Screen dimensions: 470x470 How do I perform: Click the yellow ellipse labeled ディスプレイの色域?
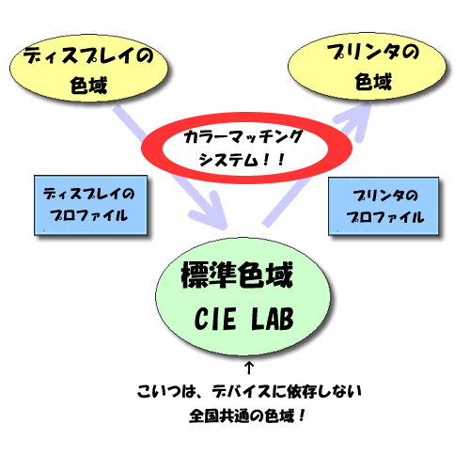(x=88, y=69)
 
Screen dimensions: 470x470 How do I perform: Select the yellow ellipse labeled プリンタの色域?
(x=367, y=67)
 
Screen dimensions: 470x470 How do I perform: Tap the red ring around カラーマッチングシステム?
(x=246, y=120)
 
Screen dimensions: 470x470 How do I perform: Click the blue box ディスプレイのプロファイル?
(x=90, y=205)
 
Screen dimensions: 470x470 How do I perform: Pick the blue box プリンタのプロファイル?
(x=384, y=206)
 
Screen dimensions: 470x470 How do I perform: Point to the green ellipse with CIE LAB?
(x=243, y=296)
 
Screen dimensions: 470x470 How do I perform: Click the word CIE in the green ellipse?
(x=215, y=319)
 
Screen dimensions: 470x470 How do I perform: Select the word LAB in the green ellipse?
(x=273, y=319)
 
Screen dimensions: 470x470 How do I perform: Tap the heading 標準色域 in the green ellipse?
(x=237, y=274)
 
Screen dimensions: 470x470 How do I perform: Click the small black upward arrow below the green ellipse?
(x=249, y=368)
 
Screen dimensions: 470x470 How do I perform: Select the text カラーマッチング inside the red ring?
(x=243, y=137)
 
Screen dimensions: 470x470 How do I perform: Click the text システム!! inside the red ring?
(x=242, y=160)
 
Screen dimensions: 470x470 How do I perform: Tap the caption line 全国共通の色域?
(x=247, y=416)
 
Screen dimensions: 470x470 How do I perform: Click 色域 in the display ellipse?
(x=88, y=86)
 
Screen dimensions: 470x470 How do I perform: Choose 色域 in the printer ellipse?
(x=373, y=82)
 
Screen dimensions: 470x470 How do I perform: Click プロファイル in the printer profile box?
(x=385, y=217)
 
